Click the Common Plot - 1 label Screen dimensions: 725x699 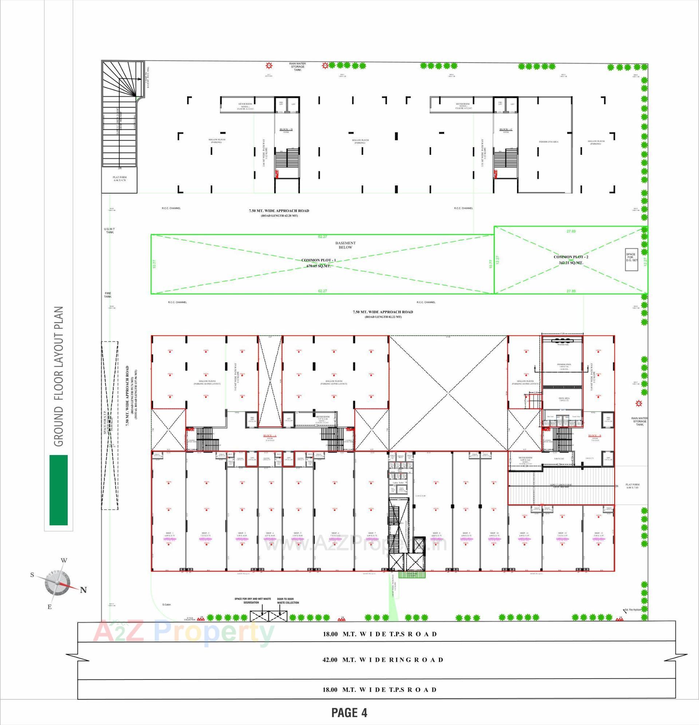[x=318, y=260]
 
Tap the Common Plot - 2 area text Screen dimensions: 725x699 [x=571, y=263]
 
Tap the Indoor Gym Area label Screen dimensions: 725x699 [x=548, y=142]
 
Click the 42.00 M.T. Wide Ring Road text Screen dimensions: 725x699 [x=382, y=659]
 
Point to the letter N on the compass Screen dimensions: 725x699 [x=83, y=589]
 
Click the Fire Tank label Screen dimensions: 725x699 [x=107, y=295]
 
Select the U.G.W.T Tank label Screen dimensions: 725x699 [x=110, y=231]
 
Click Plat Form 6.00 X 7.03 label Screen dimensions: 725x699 [x=632, y=486]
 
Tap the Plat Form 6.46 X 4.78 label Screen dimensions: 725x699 [x=119, y=179]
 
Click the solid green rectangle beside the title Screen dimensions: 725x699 [x=58, y=490]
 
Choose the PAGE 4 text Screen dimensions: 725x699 [x=349, y=712]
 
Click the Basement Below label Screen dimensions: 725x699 [x=345, y=245]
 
